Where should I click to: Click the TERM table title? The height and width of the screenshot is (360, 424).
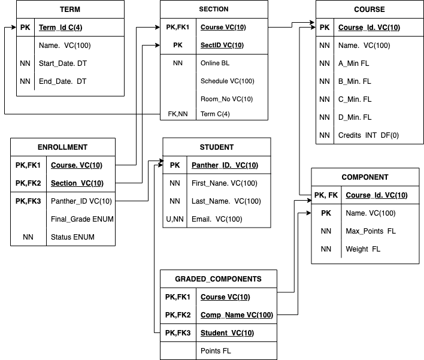(x=70, y=10)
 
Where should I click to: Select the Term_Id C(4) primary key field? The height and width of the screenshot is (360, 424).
(x=60, y=28)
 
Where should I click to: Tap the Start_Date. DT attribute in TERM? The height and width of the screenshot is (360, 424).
(x=63, y=63)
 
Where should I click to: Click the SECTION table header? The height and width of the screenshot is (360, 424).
(x=214, y=10)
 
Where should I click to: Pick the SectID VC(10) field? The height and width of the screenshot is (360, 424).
(x=222, y=46)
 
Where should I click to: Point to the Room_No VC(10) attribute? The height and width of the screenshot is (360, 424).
(x=226, y=99)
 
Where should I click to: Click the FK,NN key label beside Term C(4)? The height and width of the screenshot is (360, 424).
(x=178, y=114)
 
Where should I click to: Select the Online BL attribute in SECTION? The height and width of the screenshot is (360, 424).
(x=214, y=63)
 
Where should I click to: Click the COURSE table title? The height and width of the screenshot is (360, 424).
(x=370, y=10)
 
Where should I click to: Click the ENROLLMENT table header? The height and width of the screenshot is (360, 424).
(x=62, y=147)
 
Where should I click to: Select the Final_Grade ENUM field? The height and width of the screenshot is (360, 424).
(x=82, y=219)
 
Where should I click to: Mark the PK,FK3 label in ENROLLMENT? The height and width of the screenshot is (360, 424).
(x=28, y=201)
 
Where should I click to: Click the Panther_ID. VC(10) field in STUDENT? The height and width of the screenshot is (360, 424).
(x=225, y=165)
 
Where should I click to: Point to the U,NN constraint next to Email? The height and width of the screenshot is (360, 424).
(x=174, y=219)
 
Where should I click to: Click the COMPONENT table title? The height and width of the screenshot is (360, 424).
(x=365, y=177)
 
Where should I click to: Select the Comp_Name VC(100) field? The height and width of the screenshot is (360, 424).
(x=237, y=315)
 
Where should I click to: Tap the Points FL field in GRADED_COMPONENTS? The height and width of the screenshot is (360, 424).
(x=216, y=351)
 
